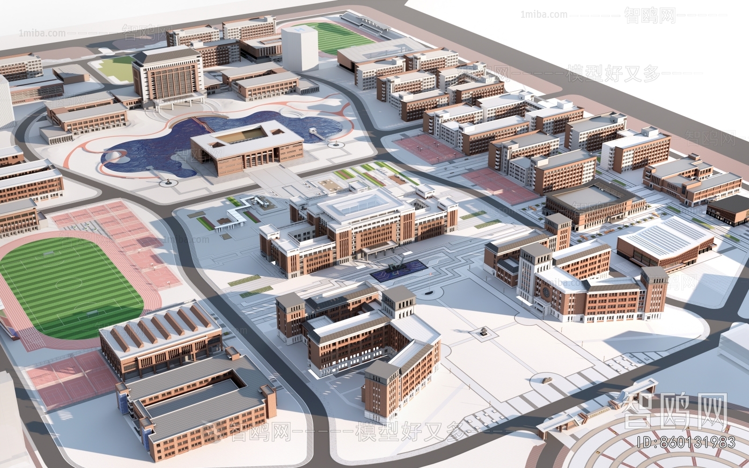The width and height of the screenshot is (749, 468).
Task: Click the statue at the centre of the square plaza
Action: pos(482,333)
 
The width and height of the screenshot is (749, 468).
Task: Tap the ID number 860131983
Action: pos(687,442)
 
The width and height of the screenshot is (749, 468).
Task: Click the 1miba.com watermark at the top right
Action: pos(543,15)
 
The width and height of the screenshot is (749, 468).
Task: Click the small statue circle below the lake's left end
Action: pos(167,183)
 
